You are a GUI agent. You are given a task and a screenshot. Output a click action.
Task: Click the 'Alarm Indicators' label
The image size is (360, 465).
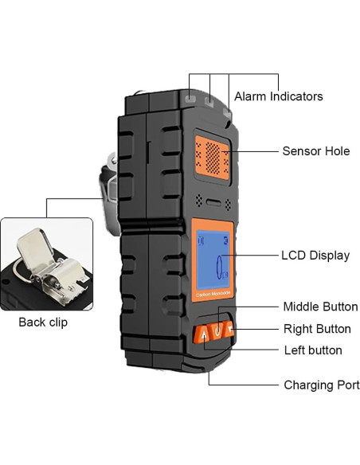click(x=278, y=96)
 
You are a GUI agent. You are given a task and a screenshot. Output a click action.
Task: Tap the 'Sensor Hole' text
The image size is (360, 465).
click(x=315, y=151)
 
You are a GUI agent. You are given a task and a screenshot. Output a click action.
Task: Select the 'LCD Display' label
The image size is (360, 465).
click(x=315, y=256)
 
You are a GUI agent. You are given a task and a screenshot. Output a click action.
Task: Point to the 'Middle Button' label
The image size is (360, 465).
click(x=320, y=307)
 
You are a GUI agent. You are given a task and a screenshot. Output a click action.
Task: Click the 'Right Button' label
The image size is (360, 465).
click(x=317, y=328)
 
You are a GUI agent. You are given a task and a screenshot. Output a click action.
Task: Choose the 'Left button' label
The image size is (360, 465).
click(x=313, y=350)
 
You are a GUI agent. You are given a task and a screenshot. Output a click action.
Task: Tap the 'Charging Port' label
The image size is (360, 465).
click(x=321, y=385)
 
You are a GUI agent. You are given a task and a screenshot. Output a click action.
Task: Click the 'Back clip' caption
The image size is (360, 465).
click(x=43, y=322)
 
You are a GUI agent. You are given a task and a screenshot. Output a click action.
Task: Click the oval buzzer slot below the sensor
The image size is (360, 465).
click(x=211, y=199)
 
